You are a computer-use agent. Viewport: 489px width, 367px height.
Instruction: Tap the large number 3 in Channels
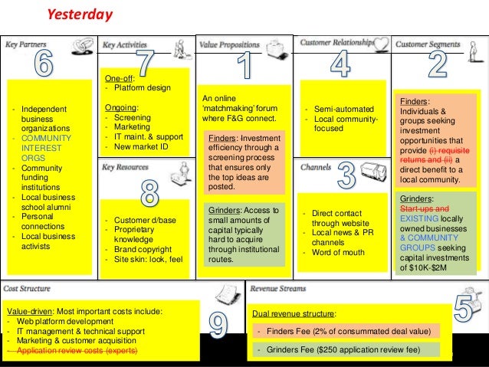[x=346, y=176]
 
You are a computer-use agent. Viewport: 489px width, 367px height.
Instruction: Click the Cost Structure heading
[x=28, y=289]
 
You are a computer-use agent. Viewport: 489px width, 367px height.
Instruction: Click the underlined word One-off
[x=119, y=77]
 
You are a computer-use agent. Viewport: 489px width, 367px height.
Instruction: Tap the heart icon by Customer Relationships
[x=381, y=44]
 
